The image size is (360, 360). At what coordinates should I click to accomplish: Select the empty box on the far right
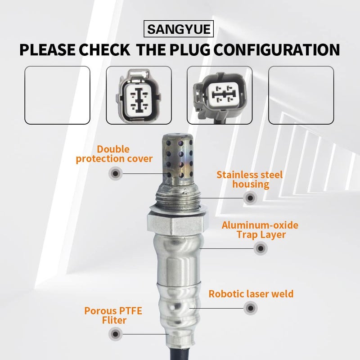point(301,94)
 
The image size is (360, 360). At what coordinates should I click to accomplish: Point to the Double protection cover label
point(114,153)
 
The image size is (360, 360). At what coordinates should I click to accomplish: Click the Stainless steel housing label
point(249,179)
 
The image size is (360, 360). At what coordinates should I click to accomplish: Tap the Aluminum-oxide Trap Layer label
point(260,229)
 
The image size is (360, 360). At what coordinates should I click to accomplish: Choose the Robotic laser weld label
point(251,294)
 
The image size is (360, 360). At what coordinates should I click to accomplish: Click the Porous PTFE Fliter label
point(105,315)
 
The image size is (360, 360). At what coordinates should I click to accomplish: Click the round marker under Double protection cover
point(116,173)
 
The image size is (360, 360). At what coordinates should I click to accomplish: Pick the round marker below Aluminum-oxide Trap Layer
point(260,248)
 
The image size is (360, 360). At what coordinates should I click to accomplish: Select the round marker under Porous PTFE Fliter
point(116,333)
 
